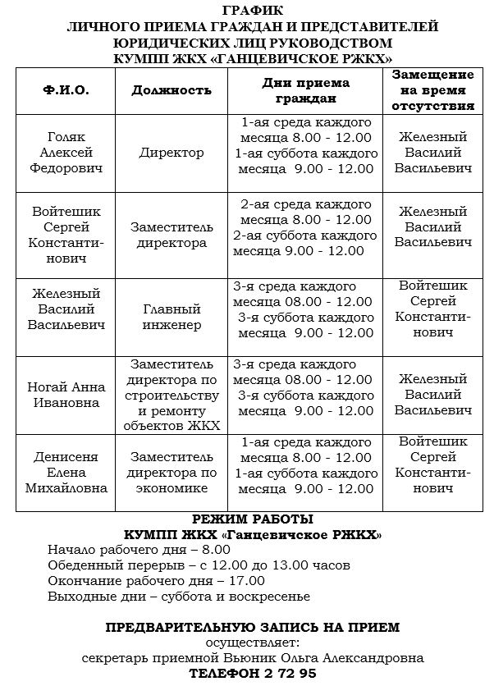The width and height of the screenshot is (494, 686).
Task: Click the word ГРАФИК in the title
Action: point(252,10)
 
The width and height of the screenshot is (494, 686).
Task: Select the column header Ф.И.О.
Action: point(66,90)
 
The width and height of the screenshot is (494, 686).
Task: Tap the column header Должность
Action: point(172,90)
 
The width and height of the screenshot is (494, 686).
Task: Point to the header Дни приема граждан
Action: point(305,90)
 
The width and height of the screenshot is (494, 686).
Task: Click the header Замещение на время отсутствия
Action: point(433,90)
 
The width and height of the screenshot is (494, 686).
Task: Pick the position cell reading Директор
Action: point(172,153)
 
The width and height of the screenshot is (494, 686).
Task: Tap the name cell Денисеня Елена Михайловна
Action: point(71,473)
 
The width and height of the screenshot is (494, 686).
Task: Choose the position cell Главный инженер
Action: point(172,318)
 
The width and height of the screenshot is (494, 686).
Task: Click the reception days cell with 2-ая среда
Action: point(305,227)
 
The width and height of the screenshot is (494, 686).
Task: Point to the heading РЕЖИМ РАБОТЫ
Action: point(252,519)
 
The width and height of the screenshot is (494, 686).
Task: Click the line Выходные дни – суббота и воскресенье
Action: point(179,597)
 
